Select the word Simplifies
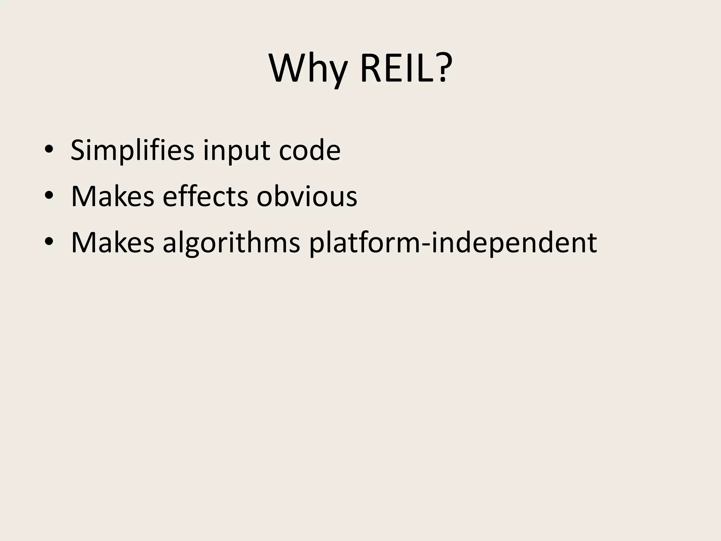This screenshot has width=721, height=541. [x=132, y=150]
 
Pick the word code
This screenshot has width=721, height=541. [x=309, y=150]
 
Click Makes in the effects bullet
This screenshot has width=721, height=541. [x=113, y=196]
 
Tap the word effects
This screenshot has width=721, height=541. [x=205, y=196]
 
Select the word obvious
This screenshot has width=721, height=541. [x=307, y=196]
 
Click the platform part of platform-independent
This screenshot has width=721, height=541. [x=365, y=243]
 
